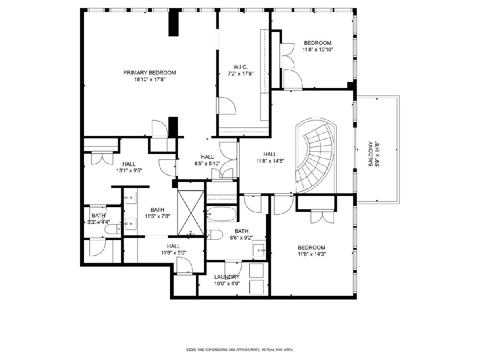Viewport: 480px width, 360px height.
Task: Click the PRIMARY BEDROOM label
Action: (x=150, y=72)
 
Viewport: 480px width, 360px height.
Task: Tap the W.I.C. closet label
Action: (x=240, y=67)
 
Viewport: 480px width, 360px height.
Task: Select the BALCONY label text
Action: (x=370, y=154)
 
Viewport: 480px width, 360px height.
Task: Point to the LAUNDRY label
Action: (x=227, y=277)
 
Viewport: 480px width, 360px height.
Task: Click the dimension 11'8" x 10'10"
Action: (x=318, y=50)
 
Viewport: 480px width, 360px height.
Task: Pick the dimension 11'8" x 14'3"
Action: (x=312, y=254)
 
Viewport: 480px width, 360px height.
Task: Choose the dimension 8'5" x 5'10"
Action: (x=207, y=163)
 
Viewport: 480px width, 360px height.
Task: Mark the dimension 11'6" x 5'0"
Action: (x=174, y=253)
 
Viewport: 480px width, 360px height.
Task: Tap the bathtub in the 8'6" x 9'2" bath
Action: (x=221, y=214)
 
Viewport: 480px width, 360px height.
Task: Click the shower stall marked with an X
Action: (x=191, y=213)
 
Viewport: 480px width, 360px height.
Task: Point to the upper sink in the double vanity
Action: (x=130, y=198)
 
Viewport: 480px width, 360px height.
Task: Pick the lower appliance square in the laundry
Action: (x=256, y=287)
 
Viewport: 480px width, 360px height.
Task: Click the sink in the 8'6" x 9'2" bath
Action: (x=259, y=250)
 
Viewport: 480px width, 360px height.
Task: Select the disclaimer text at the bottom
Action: (x=240, y=350)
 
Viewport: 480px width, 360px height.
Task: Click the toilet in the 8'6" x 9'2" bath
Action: (x=215, y=235)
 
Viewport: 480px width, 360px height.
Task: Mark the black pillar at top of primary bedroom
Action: (x=174, y=22)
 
